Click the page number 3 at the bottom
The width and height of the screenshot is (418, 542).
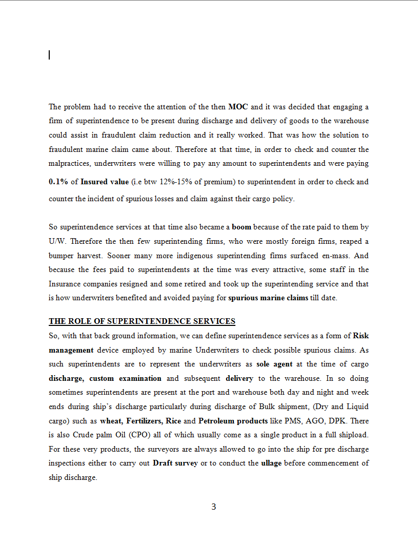[213, 507]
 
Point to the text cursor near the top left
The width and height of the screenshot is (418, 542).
[49, 55]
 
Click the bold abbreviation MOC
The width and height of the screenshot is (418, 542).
[238, 107]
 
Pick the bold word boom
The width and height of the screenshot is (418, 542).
[242, 226]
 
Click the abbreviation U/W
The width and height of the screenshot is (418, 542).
[57, 241]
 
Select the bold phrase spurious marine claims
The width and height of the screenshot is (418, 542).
[268, 298]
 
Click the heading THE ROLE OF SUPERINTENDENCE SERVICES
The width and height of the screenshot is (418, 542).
[142, 321]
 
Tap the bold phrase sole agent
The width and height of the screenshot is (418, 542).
[274, 364]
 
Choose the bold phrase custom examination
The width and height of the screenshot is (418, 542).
[125, 378]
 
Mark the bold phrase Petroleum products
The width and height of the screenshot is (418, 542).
[233, 421]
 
